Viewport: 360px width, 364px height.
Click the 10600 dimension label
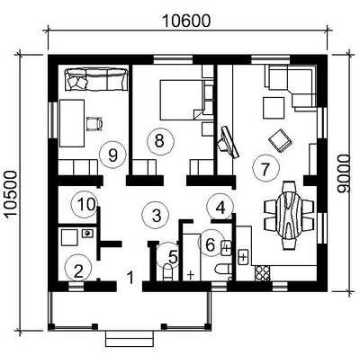[186, 21]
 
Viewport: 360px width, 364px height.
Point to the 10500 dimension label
[12, 194]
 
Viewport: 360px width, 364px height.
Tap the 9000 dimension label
[344, 173]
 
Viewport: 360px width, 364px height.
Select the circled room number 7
[265, 168]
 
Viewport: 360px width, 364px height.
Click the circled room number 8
[160, 141]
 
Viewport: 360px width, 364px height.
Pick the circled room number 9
[112, 155]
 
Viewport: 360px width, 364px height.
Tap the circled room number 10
[84, 205]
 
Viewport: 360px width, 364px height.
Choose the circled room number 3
[156, 215]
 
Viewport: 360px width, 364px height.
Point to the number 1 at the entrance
[130, 278]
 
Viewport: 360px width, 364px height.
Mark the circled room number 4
[220, 207]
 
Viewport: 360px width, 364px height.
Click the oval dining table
[289, 215]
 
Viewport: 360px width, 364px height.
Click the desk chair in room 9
[94, 123]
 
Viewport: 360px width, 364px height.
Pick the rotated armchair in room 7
[280, 141]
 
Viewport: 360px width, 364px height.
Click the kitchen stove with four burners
[262, 273]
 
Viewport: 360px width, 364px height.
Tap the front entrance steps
[130, 338]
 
